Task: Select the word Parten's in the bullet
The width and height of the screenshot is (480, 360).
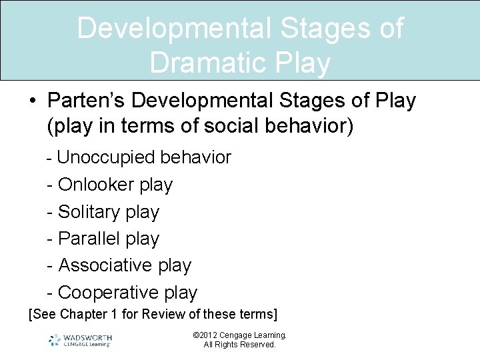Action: click(x=86, y=101)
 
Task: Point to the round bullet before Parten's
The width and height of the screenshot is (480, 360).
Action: click(x=32, y=102)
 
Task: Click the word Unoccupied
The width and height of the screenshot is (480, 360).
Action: click(x=107, y=158)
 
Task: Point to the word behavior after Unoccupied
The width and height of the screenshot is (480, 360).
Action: click(x=196, y=158)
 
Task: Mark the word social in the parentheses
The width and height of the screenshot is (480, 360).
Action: click(x=222, y=126)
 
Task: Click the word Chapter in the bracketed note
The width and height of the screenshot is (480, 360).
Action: click(x=79, y=314)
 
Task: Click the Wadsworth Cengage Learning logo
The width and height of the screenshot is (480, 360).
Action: click(x=80, y=340)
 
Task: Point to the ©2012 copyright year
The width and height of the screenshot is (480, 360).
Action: click(x=205, y=335)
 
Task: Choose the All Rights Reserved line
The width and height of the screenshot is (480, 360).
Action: click(x=239, y=345)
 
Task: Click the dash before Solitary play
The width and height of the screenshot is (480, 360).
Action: click(x=50, y=212)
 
